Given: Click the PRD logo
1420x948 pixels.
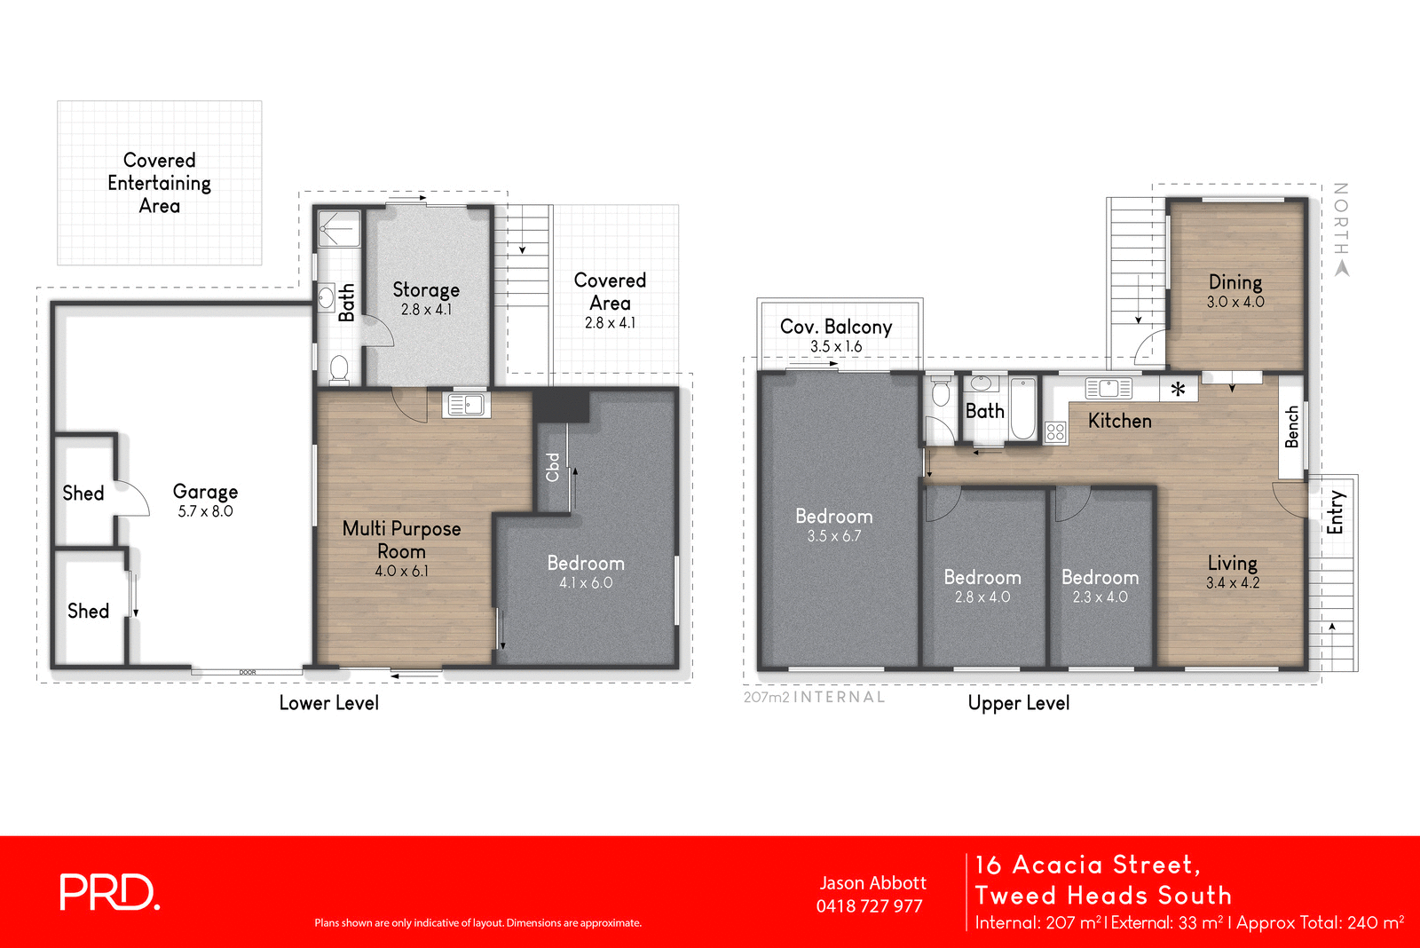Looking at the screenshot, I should (109, 892).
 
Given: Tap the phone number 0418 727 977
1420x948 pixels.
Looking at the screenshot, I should (869, 906).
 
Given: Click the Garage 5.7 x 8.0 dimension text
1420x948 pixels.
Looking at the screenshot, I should (205, 511).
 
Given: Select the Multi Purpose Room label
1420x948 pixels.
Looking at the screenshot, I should (401, 539).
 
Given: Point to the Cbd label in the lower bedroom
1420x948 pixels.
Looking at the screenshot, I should (553, 467).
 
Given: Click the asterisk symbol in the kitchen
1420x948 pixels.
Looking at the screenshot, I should (1178, 389).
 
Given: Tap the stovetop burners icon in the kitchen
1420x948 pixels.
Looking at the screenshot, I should (1055, 432).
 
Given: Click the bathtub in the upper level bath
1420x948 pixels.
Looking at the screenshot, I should (1022, 409).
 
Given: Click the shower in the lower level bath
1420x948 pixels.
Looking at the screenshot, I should (339, 229).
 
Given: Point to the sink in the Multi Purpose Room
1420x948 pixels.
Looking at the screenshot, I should (466, 405).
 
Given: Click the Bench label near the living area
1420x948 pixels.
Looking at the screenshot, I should (1292, 426).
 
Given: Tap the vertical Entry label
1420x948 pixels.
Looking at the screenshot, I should (1335, 512).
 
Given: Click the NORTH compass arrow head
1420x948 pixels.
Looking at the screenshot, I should (1341, 268).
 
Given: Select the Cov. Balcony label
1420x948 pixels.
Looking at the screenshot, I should (835, 327).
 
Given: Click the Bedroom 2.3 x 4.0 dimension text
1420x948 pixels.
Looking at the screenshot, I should (1100, 597).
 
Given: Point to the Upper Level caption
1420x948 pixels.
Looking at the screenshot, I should (1018, 703).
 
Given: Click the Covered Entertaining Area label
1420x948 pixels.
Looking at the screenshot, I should (160, 183).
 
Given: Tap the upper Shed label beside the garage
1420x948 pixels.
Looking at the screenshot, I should (83, 494).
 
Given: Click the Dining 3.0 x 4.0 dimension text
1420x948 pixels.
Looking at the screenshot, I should (1235, 302).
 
